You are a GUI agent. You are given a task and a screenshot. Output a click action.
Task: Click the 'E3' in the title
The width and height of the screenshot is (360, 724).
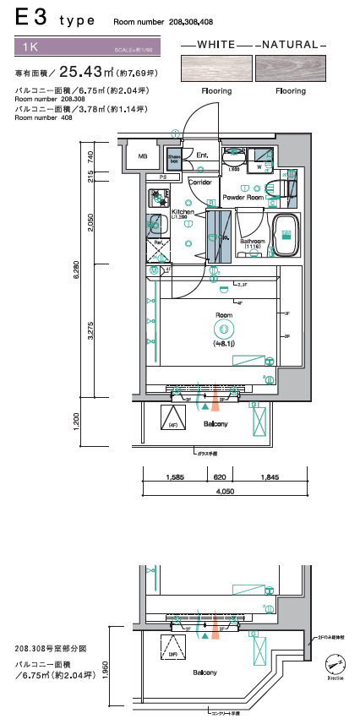click(x=29, y=18)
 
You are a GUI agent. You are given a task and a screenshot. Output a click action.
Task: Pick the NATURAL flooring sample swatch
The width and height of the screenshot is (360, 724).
click(x=291, y=67)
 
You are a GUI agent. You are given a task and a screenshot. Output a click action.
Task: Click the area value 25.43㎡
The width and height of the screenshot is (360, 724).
click(x=87, y=73)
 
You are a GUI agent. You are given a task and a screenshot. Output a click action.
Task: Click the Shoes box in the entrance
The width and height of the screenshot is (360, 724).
click(x=173, y=159)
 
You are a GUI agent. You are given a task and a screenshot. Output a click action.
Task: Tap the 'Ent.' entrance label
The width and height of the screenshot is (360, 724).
click(x=202, y=155)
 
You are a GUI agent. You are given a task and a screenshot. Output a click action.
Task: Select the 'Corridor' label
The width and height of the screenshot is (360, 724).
click(x=200, y=182)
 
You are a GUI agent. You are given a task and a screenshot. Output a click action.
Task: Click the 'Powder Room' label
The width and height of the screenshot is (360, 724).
click(x=243, y=197)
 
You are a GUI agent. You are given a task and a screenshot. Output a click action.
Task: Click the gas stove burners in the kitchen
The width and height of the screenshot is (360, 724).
click(x=156, y=198)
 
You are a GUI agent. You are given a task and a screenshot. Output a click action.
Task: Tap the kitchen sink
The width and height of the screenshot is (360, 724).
click(x=155, y=225)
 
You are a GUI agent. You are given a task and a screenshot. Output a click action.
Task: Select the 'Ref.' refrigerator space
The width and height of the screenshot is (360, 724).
click(x=156, y=251)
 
